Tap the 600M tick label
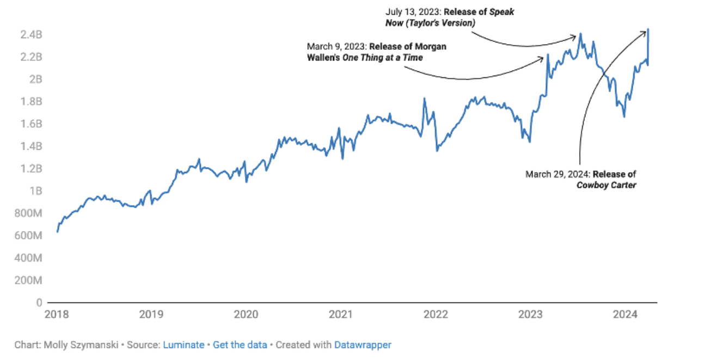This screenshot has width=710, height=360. [30, 236]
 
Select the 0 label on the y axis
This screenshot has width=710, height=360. [39, 303]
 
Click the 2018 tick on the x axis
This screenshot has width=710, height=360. [57, 314]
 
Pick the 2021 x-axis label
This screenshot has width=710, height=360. [340, 314]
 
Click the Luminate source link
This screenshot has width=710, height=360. [183, 345]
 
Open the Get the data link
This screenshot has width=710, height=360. [240, 345]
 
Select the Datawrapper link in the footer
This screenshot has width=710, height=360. [363, 345]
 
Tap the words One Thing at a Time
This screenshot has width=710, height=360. [382, 57]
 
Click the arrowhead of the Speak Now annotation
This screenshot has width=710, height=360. [574, 37]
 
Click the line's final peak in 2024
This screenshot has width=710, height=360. [648, 29]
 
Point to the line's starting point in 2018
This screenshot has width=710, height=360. [57, 232]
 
